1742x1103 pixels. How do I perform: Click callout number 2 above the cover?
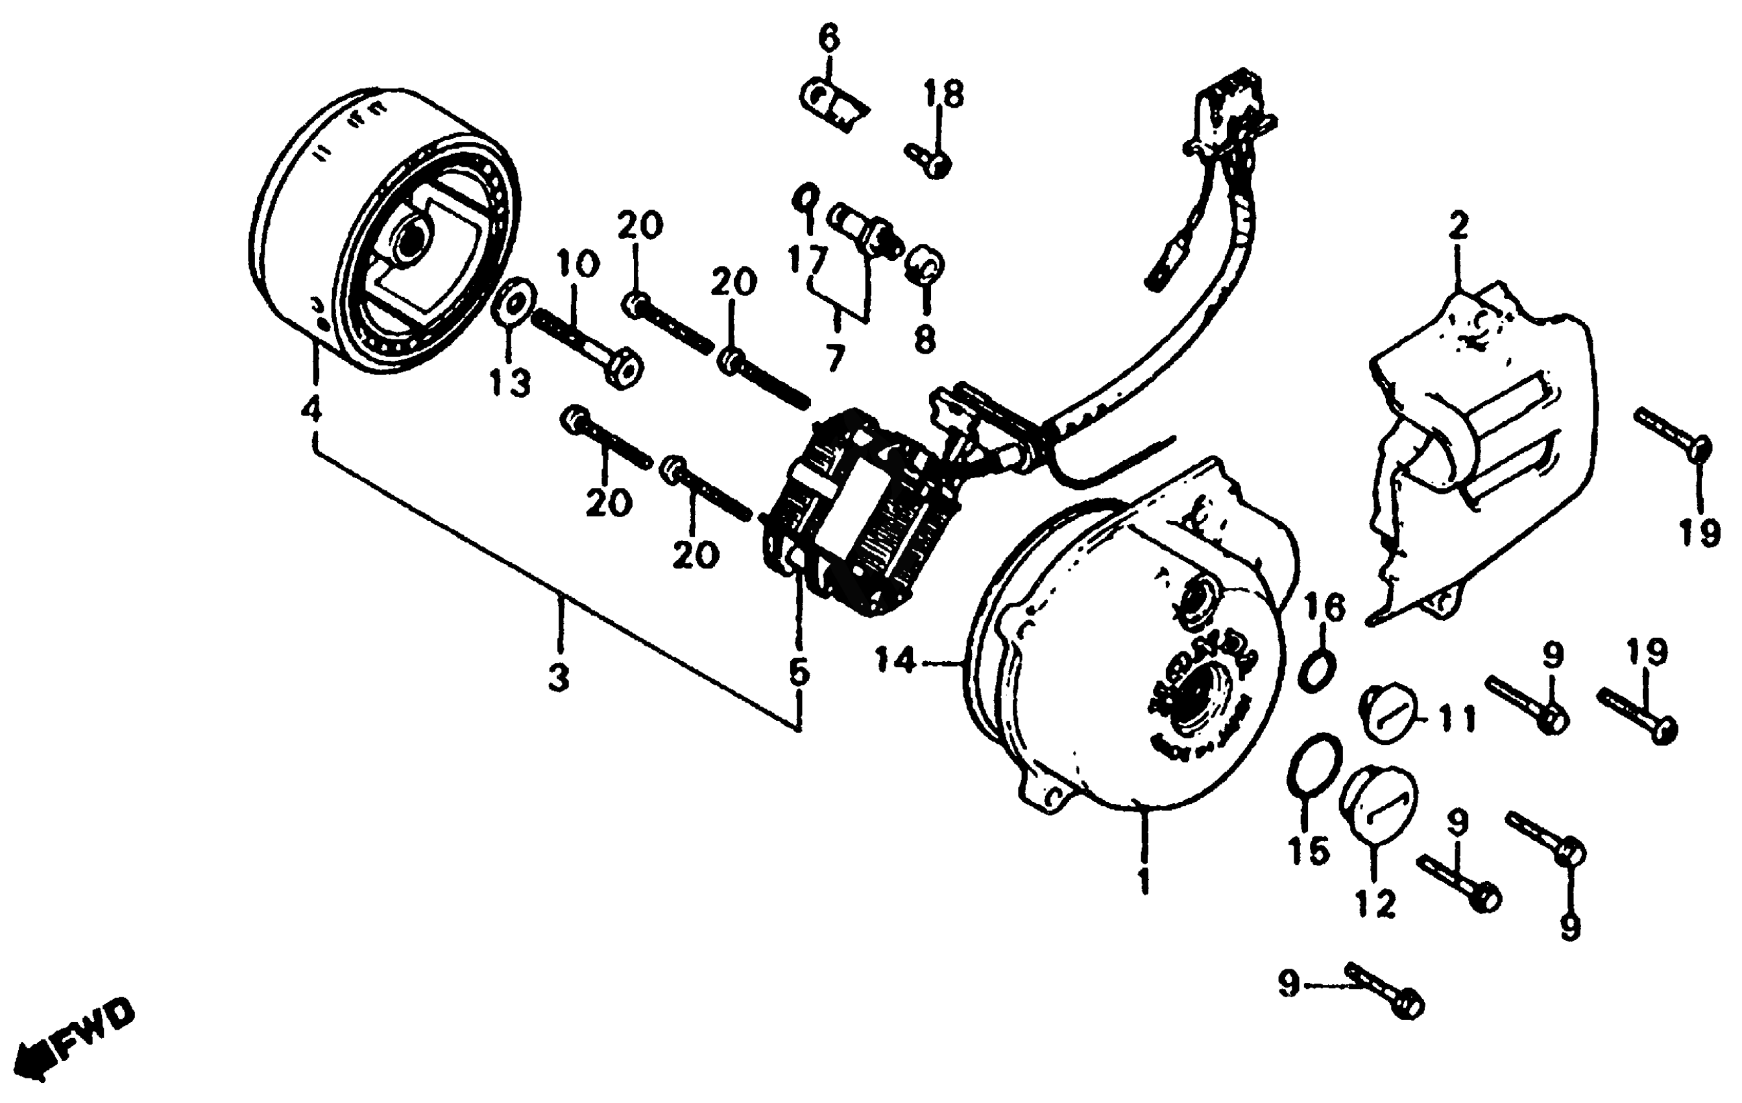point(1458,227)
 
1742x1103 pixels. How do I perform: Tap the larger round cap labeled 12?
point(1377,803)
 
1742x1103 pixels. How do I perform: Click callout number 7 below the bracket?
point(835,358)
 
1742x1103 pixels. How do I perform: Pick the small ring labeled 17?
point(806,197)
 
